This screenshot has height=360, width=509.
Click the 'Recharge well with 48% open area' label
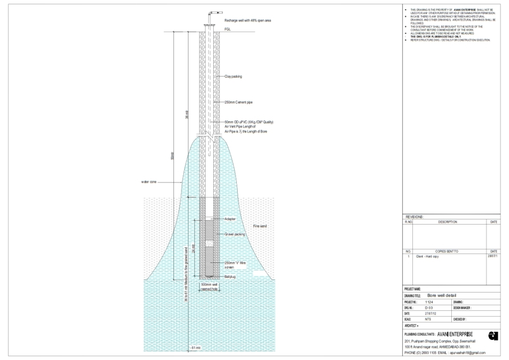pos(247,21)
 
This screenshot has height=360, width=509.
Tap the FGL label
pos(228,29)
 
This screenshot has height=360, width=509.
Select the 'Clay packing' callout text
pos(233,76)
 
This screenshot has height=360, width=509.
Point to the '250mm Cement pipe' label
pos(239,102)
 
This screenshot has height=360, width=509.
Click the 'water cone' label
pos(149,182)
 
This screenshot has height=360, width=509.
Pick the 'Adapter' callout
pos(230,219)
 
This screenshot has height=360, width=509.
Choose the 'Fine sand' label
pos(260,226)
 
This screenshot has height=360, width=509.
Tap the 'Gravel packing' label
pos(235,234)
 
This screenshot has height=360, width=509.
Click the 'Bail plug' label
pos(230,277)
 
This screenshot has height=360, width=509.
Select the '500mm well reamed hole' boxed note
pos(209,287)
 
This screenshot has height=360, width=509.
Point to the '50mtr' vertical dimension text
pos(172,156)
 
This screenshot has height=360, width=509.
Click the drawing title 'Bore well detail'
pos(442,295)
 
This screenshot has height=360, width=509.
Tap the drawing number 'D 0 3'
pos(429,307)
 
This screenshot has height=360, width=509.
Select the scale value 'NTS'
pos(428,319)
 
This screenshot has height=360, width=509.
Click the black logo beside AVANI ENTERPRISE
pos(493,335)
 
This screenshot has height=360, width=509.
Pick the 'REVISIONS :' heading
pos(414,217)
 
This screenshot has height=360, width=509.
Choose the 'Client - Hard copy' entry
pos(427,256)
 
